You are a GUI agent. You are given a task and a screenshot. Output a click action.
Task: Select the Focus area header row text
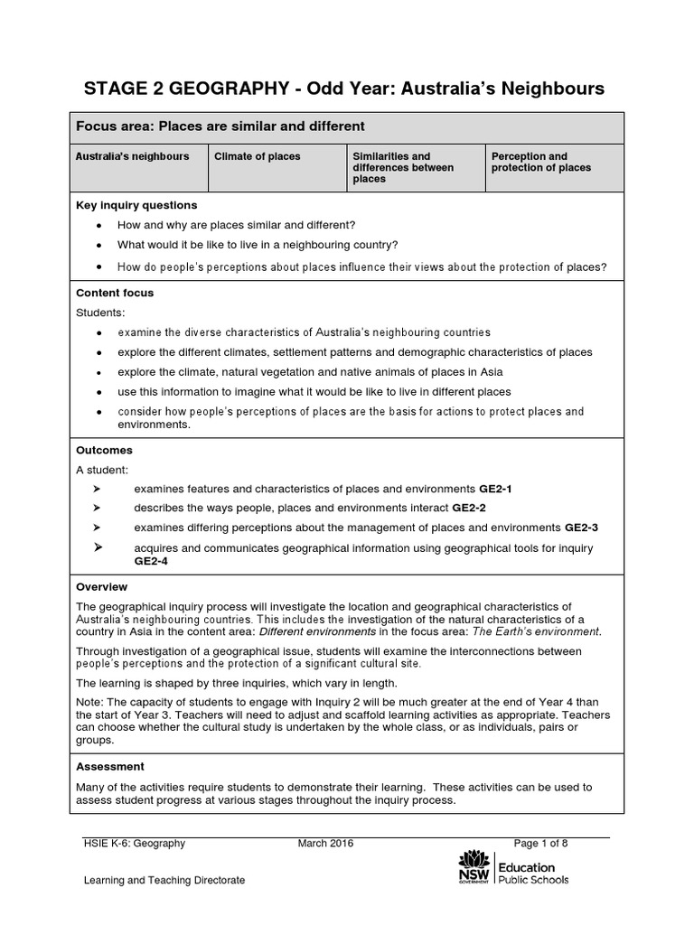(221, 126)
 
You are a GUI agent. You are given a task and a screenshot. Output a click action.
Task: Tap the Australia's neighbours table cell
(133, 156)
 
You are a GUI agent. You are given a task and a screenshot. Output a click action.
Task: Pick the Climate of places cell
(258, 156)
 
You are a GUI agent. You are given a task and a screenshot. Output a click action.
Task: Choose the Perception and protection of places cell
(540, 162)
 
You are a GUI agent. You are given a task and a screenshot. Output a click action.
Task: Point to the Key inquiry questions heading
(136, 205)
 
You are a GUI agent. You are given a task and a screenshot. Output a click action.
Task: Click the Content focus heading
(115, 293)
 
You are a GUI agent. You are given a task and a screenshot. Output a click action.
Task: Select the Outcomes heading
(104, 450)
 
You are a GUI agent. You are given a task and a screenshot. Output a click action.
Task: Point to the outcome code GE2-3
(581, 527)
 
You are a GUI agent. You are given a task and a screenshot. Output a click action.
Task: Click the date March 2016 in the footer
(325, 844)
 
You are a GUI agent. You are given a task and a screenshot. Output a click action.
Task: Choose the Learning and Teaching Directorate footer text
(164, 880)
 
